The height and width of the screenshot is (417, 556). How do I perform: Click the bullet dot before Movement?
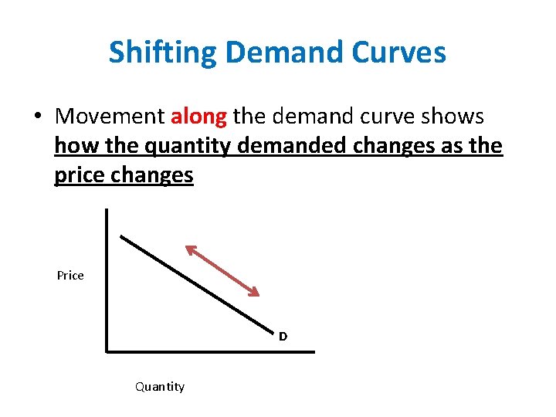(x=36, y=117)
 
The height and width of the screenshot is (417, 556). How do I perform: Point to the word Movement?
(x=110, y=117)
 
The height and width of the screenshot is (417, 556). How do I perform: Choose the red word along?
(x=198, y=117)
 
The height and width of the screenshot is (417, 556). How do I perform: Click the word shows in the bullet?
(x=456, y=117)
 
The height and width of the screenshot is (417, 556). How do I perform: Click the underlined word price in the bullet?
(x=80, y=175)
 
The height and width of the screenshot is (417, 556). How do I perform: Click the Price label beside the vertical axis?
(x=70, y=276)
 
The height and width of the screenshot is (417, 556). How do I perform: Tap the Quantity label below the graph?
(x=160, y=386)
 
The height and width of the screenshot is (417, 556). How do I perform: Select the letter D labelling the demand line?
(x=283, y=337)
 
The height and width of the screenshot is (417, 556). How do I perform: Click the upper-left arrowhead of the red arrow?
(x=189, y=249)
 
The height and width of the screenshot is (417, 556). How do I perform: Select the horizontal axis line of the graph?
(x=208, y=352)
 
